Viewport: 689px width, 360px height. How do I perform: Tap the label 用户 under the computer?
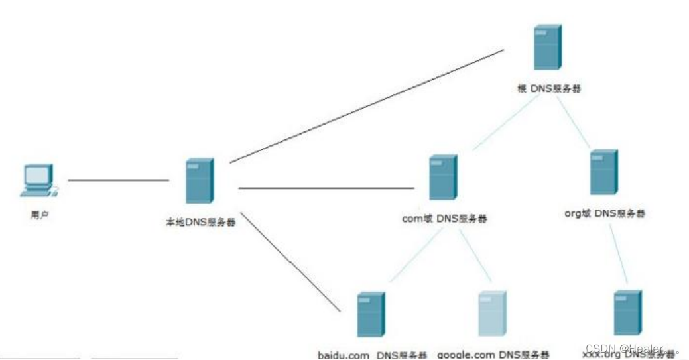pyautogui.click(x=40, y=215)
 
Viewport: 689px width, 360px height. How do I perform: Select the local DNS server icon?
pyautogui.click(x=200, y=181)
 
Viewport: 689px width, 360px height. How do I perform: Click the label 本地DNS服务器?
pyautogui.click(x=200, y=223)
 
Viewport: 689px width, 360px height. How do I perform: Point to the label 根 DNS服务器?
pyautogui.click(x=548, y=89)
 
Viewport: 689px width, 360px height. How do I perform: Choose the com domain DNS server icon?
pyautogui.click(x=443, y=177)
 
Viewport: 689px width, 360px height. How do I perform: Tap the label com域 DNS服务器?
pyautogui.click(x=445, y=218)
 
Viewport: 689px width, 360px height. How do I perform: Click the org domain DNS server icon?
pyautogui.click(x=603, y=172)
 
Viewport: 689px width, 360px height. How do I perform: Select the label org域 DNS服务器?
pyautogui.click(x=605, y=213)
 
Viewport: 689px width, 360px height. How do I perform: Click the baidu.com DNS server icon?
pyautogui.click(x=371, y=315)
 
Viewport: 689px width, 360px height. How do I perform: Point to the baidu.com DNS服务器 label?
pyautogui.click(x=372, y=355)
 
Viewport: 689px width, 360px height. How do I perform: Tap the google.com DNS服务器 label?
pyautogui.click(x=493, y=355)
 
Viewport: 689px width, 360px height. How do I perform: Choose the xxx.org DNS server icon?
pyautogui.click(x=627, y=312)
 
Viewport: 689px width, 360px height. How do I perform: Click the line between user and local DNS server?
pyautogui.click(x=118, y=180)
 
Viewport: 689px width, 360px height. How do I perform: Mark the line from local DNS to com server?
pyautogui.click(x=325, y=188)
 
